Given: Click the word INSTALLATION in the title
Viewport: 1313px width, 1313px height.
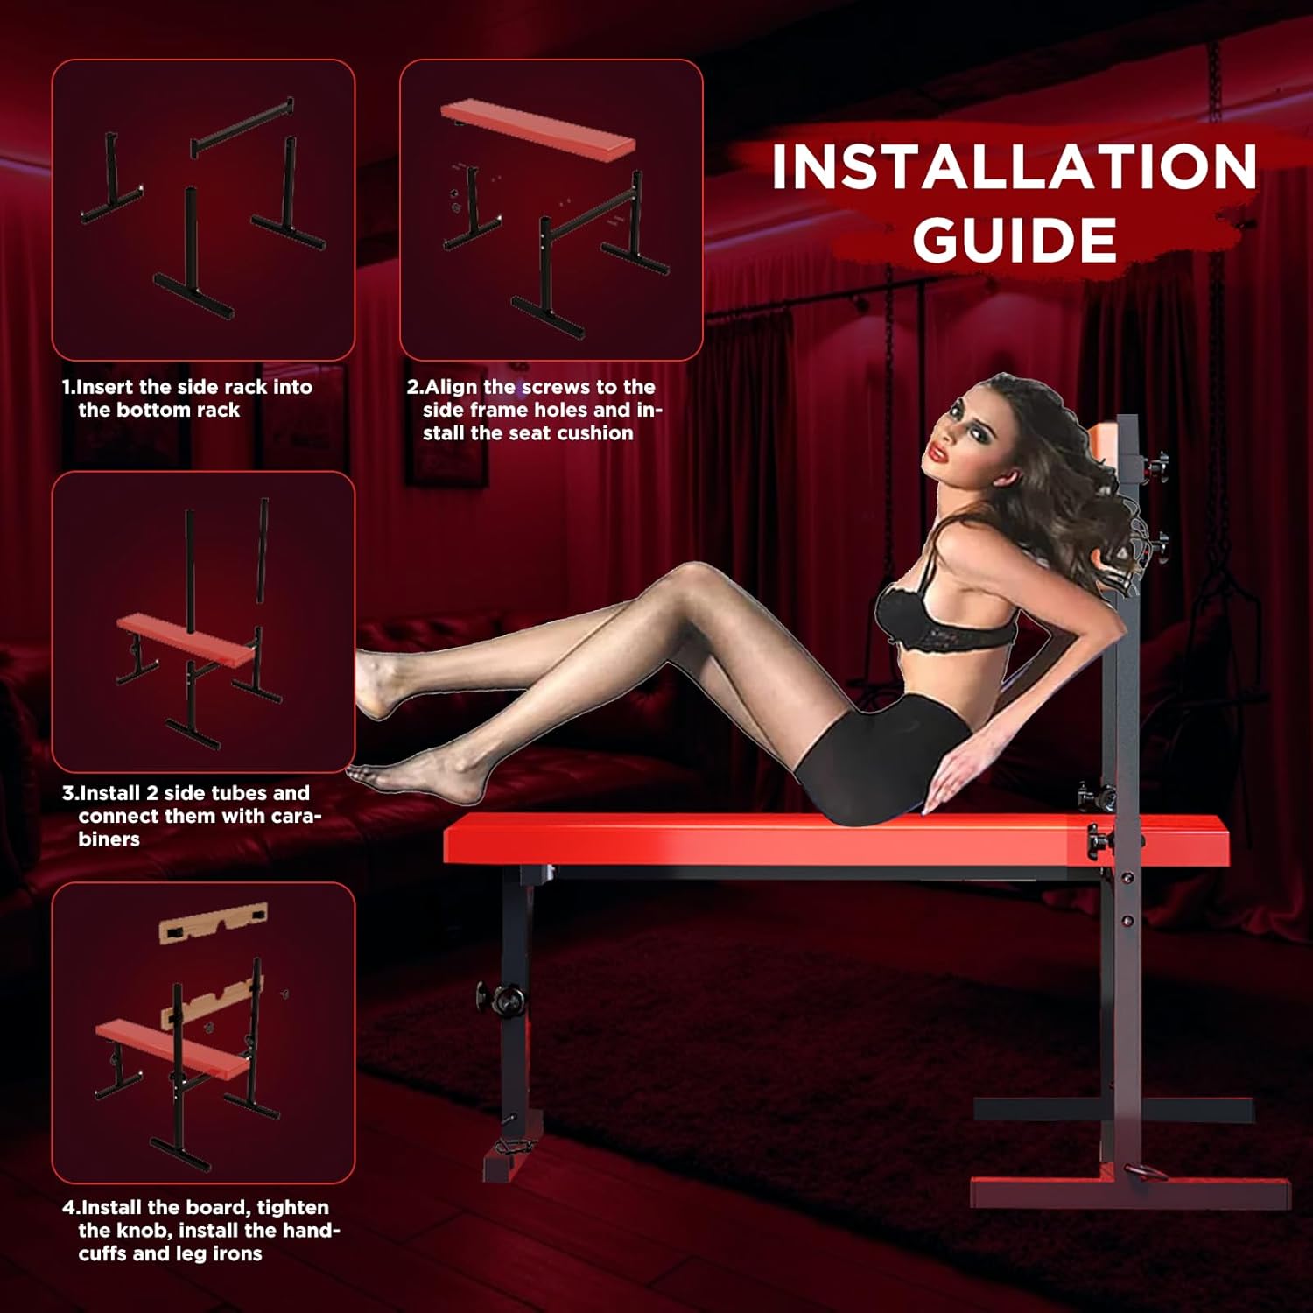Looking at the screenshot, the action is (x=1015, y=166).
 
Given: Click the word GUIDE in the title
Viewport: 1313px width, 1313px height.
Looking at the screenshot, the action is (x=1015, y=239).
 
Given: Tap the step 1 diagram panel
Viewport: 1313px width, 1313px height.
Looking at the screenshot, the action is (x=203, y=210).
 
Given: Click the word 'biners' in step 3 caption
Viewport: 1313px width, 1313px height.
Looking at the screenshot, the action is (x=109, y=839).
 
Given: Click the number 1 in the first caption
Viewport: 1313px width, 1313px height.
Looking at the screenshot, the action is (x=67, y=387).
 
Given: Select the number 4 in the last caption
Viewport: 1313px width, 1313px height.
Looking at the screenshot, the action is (x=69, y=1208).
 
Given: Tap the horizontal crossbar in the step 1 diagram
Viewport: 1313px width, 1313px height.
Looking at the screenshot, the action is (x=242, y=128).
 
